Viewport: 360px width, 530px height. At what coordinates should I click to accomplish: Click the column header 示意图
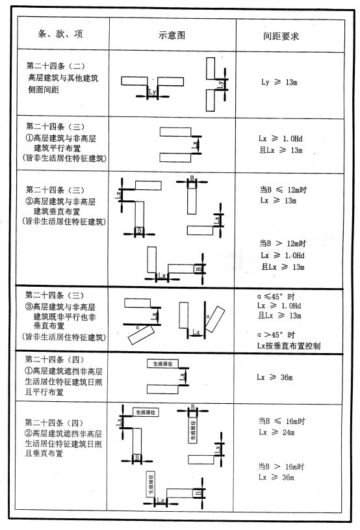[x=172, y=35]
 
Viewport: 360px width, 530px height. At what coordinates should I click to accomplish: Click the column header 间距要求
[x=281, y=36]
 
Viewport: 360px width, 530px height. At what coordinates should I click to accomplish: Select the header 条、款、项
[x=60, y=34]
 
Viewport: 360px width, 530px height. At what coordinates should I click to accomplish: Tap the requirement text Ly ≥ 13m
[x=279, y=82]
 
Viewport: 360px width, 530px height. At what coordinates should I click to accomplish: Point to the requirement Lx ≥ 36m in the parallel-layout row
[x=275, y=377]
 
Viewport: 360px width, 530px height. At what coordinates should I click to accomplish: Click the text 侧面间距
[x=44, y=89]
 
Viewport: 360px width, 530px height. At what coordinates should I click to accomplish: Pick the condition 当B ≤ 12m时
[x=283, y=190]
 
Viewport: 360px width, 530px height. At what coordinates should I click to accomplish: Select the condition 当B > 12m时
[x=283, y=243]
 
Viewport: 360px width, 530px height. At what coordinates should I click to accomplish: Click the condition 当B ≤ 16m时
[x=282, y=421]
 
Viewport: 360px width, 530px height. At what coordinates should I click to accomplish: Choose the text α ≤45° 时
[x=276, y=297]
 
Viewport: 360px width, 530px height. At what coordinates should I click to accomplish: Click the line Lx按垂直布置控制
[x=289, y=345]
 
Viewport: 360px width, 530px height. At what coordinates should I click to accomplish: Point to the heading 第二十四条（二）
[x=56, y=66]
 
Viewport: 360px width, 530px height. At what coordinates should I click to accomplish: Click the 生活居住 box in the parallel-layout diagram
[x=162, y=364]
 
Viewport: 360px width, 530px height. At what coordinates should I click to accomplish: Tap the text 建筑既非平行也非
[x=64, y=317]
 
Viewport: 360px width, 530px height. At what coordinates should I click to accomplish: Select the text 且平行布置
[x=44, y=391]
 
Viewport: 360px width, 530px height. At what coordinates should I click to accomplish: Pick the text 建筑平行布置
[x=57, y=148]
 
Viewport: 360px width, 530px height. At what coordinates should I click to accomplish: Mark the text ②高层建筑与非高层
[x=61, y=202]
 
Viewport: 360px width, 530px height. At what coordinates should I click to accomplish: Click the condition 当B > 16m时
[x=281, y=466]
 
